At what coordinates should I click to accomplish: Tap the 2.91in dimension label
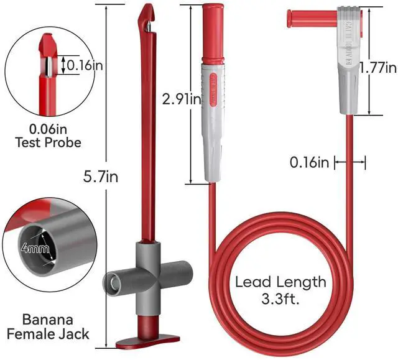pyautogui.click(x=182, y=98)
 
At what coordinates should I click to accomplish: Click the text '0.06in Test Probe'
pyautogui.click(x=47, y=136)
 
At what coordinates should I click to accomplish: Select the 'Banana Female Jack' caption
pyautogui.click(x=48, y=327)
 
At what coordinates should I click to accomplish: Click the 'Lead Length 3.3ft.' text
pyautogui.click(x=280, y=290)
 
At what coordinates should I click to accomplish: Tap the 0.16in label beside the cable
pyautogui.click(x=309, y=163)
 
